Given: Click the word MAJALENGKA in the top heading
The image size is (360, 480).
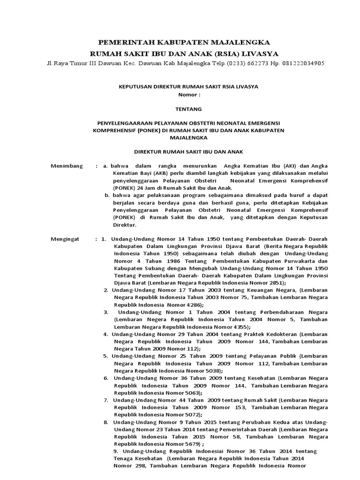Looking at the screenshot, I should [237, 42].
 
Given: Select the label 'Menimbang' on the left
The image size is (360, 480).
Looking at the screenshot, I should [67, 166].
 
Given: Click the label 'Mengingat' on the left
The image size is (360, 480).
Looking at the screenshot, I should [65, 239].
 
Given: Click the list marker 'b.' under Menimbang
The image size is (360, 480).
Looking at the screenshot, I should [107, 195].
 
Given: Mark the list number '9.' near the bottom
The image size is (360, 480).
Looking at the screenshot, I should [117, 451].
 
